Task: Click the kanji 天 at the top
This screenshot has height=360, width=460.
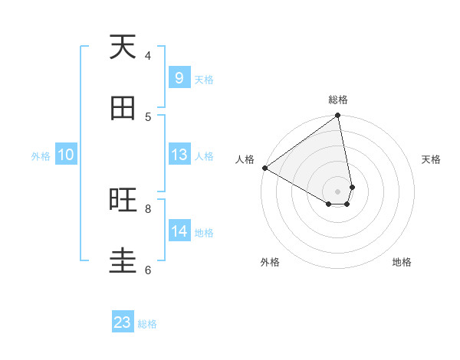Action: point(123,47)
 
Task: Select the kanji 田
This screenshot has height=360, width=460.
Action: point(123,109)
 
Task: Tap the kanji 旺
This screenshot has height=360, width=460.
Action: point(123,201)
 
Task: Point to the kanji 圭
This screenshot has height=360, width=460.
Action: point(123,261)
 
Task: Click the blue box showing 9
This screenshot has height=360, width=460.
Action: point(179,78)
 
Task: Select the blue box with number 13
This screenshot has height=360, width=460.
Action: point(179,155)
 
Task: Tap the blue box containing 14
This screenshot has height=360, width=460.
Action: point(179,231)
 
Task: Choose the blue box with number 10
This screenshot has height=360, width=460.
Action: point(66,155)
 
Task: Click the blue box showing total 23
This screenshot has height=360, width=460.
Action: point(123,322)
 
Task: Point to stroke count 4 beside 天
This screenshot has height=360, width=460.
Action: point(148,55)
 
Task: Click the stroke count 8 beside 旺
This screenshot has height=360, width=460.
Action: point(148,208)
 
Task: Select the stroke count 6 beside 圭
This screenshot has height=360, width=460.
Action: point(148,270)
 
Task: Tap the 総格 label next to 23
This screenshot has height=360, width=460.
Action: point(147,324)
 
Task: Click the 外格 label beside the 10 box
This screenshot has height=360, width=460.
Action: point(41,156)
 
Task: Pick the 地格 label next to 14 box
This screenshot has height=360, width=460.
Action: point(204,233)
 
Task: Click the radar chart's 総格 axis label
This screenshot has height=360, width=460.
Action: point(338,100)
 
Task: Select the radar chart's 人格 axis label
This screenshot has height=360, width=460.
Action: point(245,159)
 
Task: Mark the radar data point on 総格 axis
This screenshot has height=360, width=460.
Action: point(338,116)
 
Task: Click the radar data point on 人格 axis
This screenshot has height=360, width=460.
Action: point(264,168)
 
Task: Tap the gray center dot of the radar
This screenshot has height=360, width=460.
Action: point(338,191)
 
